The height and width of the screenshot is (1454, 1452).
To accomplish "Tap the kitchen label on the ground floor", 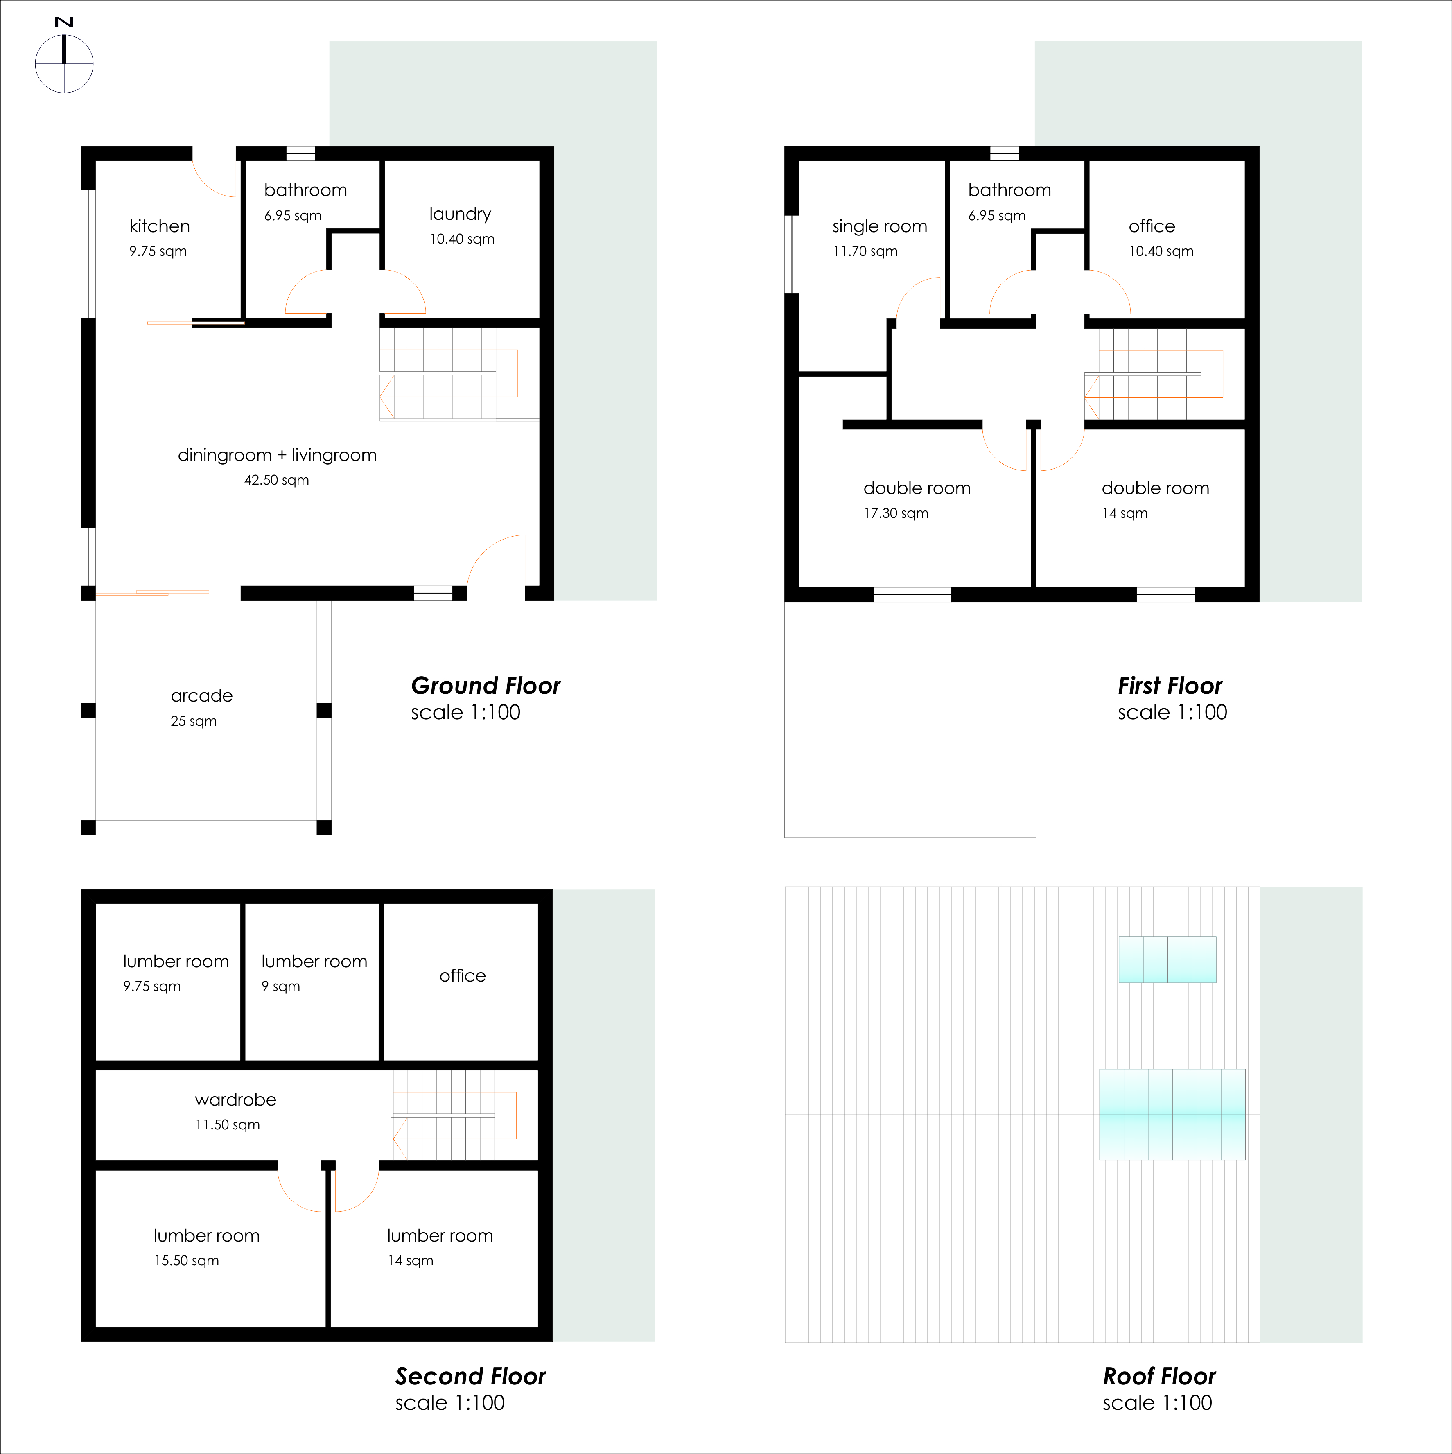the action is [x=160, y=226].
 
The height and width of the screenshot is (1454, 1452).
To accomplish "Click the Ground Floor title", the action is [x=486, y=686].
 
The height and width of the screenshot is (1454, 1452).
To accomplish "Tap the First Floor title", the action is [x=1170, y=686].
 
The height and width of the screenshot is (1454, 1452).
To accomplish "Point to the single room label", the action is [x=879, y=226].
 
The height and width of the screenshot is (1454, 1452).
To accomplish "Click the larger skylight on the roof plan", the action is [x=1172, y=1114].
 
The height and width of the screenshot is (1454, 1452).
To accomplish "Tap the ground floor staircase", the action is [x=448, y=374].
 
